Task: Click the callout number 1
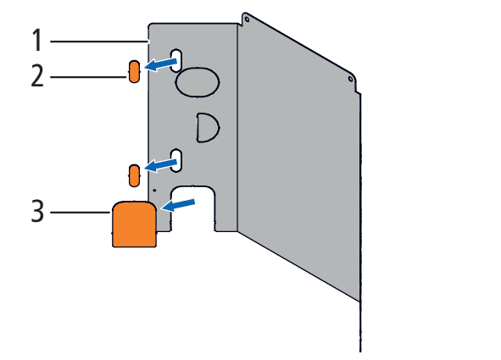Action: pos(37,40)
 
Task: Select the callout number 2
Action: pos(37,75)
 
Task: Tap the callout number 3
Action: pos(37,211)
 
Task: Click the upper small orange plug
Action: pos(134,71)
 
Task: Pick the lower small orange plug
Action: pos(134,176)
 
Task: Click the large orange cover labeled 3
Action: pos(134,224)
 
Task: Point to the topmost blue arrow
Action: pos(161,64)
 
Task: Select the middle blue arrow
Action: pos(161,165)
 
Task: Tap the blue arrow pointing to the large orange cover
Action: pos(178,205)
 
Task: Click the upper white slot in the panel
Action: pos(176,60)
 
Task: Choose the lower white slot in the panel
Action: pos(176,160)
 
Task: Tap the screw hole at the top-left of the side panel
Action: pos(247,19)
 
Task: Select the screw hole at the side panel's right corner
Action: pos(350,79)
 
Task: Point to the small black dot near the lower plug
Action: pos(154,191)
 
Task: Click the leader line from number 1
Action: pos(99,42)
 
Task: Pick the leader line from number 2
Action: pos(88,77)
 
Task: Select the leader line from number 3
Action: pos(81,213)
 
